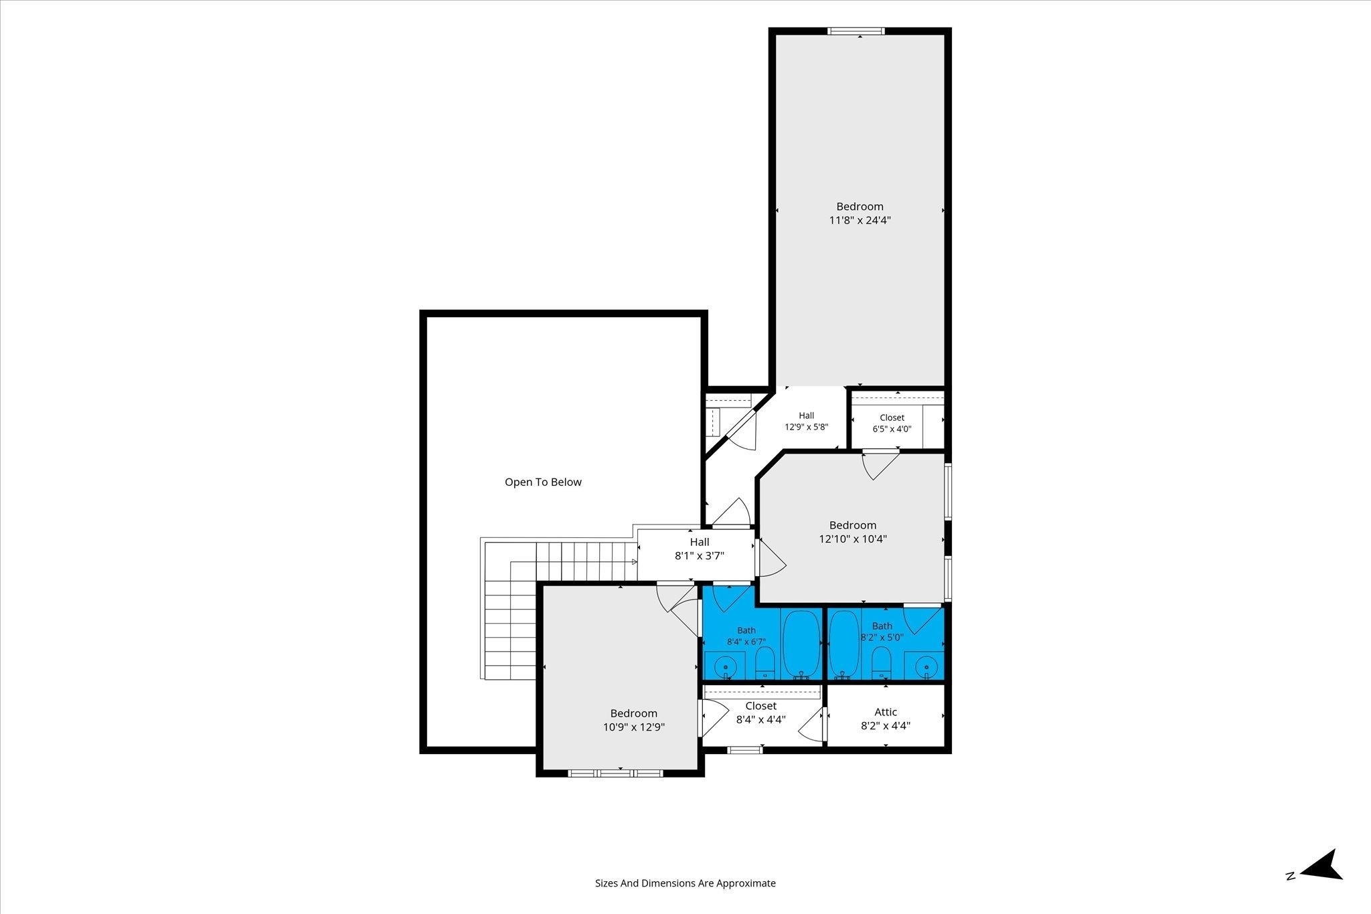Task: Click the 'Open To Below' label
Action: (543, 482)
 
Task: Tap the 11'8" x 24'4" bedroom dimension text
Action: (860, 220)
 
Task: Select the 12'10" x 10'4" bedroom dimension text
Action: (853, 539)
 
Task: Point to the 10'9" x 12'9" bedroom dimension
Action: (634, 727)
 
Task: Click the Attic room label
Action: (886, 712)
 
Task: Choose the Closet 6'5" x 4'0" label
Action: (892, 424)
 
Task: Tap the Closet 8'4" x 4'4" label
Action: (761, 713)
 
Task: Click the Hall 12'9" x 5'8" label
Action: (807, 421)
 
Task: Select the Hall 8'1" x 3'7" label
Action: (700, 549)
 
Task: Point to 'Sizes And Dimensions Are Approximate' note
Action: (685, 883)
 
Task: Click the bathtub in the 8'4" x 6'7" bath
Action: (801, 643)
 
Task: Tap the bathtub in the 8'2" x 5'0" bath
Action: (844, 643)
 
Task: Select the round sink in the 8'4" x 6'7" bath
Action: (725, 667)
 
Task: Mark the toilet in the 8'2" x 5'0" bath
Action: (881, 662)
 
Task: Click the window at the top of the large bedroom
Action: (856, 31)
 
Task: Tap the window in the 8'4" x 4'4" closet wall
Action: (745, 750)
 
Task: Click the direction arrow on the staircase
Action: (635, 562)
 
